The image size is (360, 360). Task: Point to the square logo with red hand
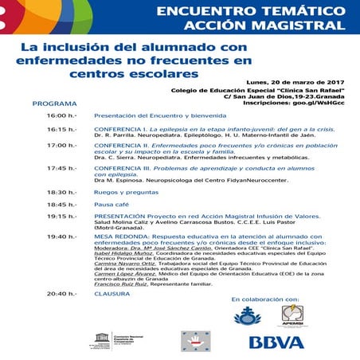click(196, 339)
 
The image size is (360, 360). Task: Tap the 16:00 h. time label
click(61, 115)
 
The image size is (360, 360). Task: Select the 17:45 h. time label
click(61, 168)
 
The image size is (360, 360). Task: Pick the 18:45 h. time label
click(61, 204)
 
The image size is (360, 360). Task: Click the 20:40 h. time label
click(61, 293)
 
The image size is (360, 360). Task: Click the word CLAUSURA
click(112, 293)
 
